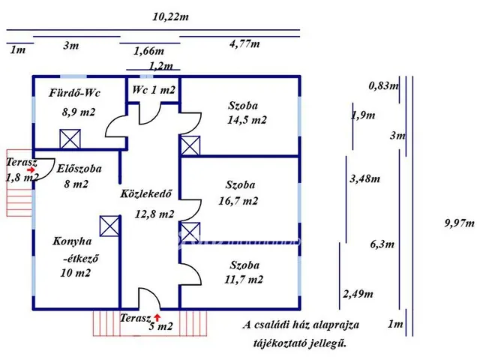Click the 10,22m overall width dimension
coord(170,16)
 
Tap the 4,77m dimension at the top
coord(244,43)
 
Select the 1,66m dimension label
coord(148,51)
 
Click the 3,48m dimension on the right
coord(365,178)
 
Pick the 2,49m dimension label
coord(357,293)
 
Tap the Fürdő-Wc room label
coord(75,93)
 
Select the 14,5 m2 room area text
coord(247,119)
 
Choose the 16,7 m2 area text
coord(241,200)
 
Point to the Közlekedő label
coord(147,194)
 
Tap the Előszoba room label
coord(79,169)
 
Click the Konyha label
coord(73,241)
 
